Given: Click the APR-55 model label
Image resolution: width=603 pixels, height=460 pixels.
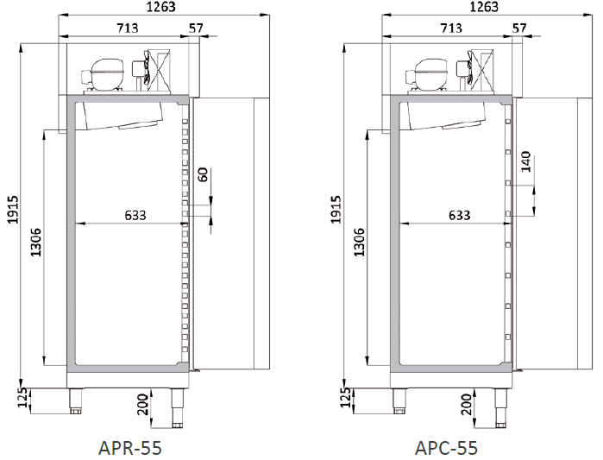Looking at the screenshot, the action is pyautogui.click(x=130, y=448).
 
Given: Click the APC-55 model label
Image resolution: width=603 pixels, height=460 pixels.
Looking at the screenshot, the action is pyautogui.click(x=446, y=448).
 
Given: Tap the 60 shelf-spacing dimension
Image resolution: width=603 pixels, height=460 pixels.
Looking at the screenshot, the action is pyautogui.click(x=203, y=174).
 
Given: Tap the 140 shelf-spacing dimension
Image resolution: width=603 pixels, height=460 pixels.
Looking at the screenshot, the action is pyautogui.click(x=526, y=161).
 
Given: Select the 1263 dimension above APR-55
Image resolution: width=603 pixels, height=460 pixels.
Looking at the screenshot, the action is pyautogui.click(x=160, y=7).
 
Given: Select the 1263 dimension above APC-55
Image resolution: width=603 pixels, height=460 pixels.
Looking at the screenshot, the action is pyautogui.click(x=484, y=7).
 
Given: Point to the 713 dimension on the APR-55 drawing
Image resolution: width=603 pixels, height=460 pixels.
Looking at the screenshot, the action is pyautogui.click(x=128, y=28).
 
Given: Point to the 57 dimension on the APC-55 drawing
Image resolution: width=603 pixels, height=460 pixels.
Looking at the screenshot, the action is pyautogui.click(x=519, y=28).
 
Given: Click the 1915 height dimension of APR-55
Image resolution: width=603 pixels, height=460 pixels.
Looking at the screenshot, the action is pyautogui.click(x=14, y=209).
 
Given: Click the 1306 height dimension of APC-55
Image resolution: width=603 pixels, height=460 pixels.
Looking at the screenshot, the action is pyautogui.click(x=359, y=243).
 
